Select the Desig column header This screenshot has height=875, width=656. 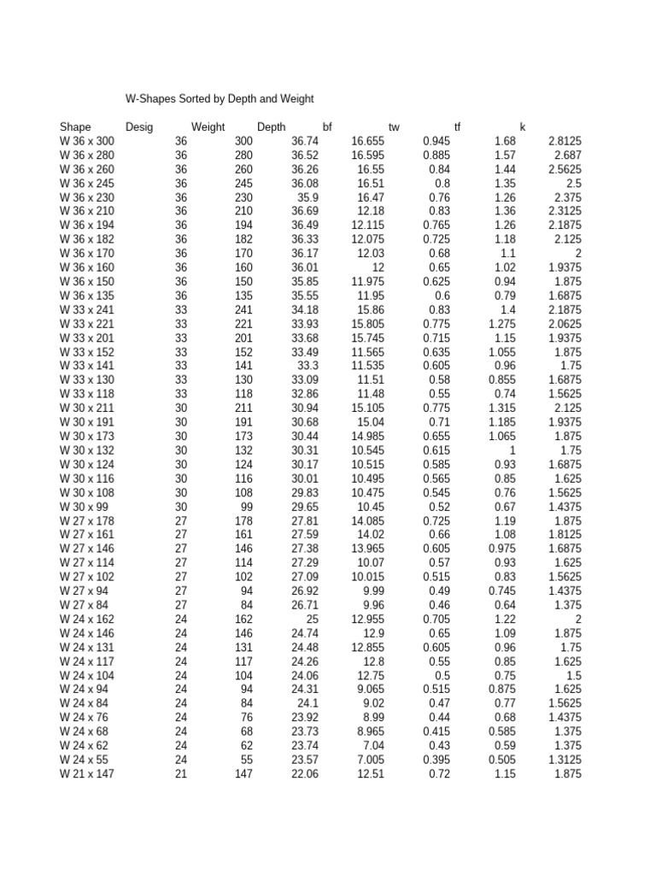pos(139,127)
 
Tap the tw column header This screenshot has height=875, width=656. pos(394,127)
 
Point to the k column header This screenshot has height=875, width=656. pos(523,127)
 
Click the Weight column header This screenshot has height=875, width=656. pos(208,127)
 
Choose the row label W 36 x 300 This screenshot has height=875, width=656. pos(87,141)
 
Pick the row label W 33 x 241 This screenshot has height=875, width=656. pos(87,308)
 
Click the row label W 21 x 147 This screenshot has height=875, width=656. pos(87,773)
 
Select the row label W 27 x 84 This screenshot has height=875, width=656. pos(85,606)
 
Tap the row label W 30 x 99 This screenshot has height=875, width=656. pos(85,507)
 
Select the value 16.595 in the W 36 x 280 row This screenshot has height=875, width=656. pos(367,156)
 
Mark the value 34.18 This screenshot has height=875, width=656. pos(305,308)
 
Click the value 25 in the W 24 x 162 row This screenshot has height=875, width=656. pos(311,620)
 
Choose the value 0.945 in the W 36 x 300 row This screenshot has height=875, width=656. pos(436,141)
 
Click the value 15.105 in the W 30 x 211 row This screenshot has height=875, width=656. pos(367,408)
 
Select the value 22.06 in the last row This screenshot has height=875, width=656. pos(305,773)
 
